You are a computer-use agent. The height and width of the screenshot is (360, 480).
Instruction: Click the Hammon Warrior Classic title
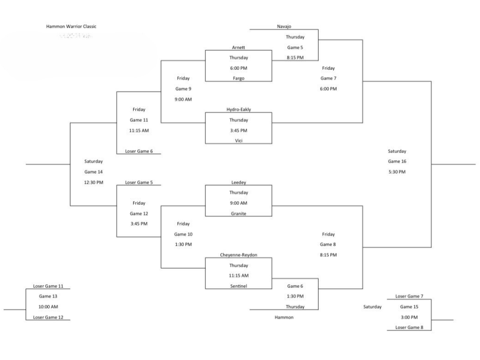point(71,26)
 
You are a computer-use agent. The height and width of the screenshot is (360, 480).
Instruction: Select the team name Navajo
point(284,26)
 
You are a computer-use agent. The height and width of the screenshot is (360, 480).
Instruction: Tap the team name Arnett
point(239,47)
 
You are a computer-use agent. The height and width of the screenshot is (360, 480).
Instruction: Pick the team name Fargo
point(239,78)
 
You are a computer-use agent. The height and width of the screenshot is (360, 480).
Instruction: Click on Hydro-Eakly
point(239,110)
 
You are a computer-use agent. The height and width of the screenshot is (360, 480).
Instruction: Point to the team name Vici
point(239,141)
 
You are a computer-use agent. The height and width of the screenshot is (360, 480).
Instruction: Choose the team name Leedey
point(239,182)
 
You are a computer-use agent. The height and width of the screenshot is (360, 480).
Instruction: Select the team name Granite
point(239,213)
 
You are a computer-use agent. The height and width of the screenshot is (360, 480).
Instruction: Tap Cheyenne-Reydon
point(239,255)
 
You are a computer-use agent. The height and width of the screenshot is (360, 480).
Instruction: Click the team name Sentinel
point(239,286)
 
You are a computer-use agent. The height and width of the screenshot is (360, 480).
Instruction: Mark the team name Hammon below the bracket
point(284,317)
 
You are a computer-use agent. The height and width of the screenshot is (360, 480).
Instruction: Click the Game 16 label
point(397,161)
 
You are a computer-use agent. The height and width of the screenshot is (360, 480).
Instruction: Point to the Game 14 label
point(93,172)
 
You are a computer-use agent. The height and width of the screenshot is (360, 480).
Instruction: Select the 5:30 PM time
point(397,172)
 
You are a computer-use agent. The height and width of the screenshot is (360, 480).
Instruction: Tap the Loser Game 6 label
point(139,151)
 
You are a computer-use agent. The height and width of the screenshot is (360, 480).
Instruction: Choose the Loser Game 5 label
point(139,182)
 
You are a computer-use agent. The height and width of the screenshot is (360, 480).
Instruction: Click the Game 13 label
point(48,296)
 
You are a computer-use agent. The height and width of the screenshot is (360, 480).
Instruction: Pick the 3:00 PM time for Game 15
point(409,317)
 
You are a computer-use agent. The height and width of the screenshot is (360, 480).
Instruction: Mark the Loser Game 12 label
point(48,317)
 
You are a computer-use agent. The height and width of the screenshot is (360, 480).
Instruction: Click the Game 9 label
point(183,89)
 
